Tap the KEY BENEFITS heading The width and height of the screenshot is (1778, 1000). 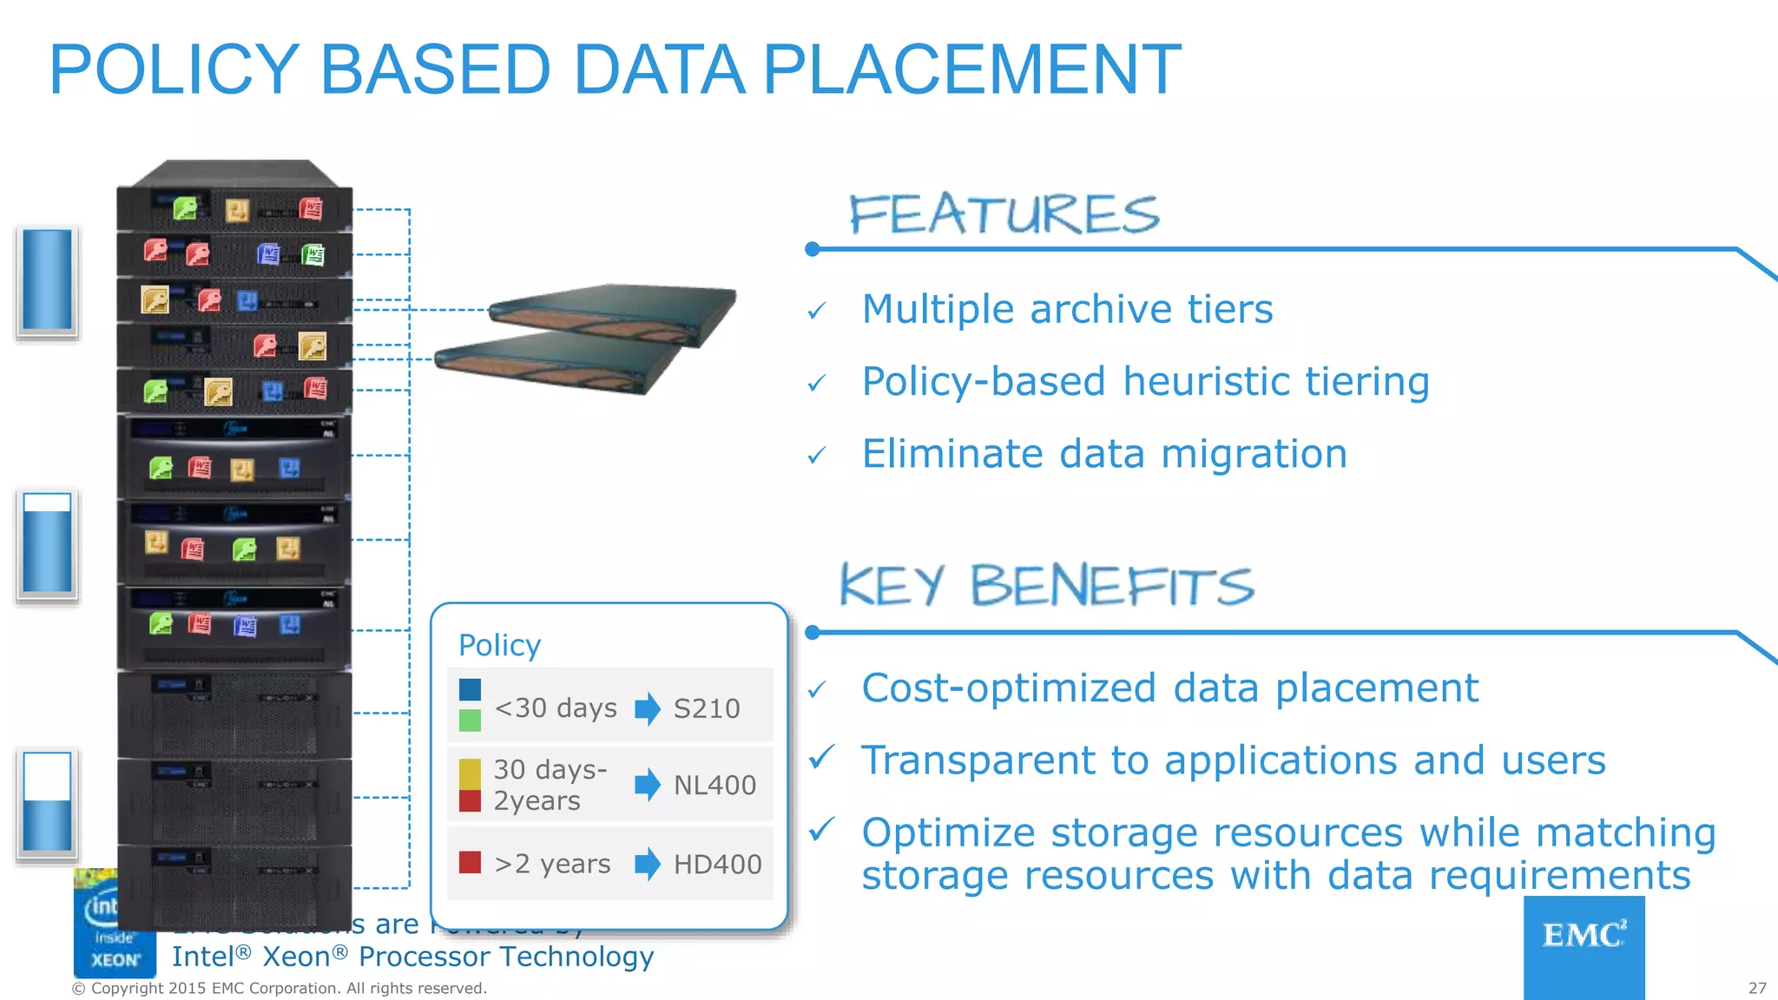coord(1046,585)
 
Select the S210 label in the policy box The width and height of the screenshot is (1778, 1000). coord(707,708)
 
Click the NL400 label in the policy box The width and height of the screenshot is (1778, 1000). coord(714,785)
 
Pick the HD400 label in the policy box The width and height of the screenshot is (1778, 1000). coord(717,864)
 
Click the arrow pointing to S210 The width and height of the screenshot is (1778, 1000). coord(648,708)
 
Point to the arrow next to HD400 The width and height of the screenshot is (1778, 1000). coord(648,864)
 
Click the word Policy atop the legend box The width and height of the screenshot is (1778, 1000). coord(499,645)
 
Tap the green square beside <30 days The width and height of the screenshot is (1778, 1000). coord(470,720)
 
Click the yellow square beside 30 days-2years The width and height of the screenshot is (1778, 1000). coord(470,773)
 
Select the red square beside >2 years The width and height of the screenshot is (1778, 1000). coord(470,862)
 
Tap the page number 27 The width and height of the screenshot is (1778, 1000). coord(1757,988)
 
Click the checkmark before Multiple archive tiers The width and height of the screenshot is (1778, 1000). coord(816,311)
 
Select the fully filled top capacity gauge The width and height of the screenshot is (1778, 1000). coord(47,280)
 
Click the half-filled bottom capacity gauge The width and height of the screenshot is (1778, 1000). coord(47,802)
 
